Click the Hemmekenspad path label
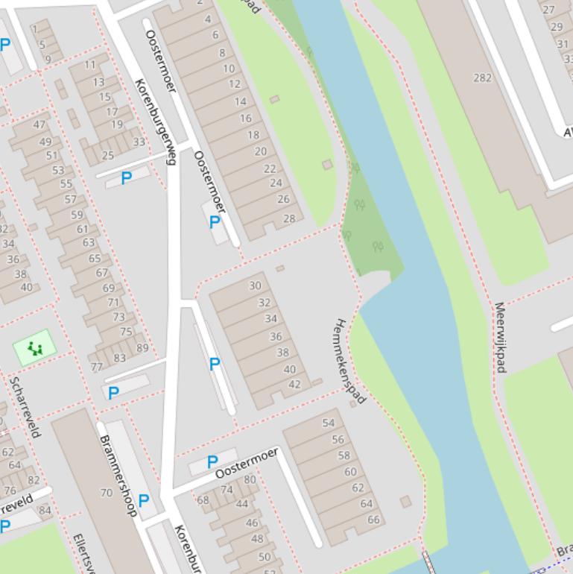click(x=349, y=361)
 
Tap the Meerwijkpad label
click(x=500, y=337)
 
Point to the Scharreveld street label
click(x=25, y=406)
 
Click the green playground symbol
click(x=34, y=347)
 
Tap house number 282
click(x=482, y=78)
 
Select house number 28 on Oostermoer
click(x=289, y=218)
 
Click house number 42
click(x=294, y=385)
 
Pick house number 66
click(x=373, y=520)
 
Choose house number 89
click(x=142, y=347)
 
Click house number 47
click(x=39, y=125)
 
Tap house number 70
click(x=106, y=493)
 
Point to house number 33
click(x=139, y=142)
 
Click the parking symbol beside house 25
click(x=126, y=178)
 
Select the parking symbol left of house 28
click(x=215, y=221)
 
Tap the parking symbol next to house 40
click(x=215, y=364)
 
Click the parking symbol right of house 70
click(x=144, y=500)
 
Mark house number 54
click(x=328, y=423)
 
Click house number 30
click(x=256, y=286)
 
